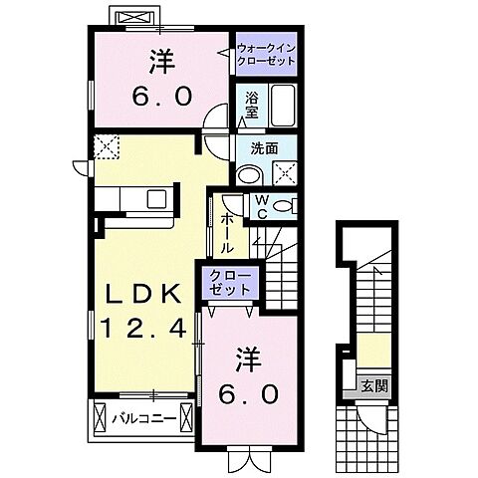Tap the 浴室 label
253,102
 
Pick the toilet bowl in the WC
284,206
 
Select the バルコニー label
139,415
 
